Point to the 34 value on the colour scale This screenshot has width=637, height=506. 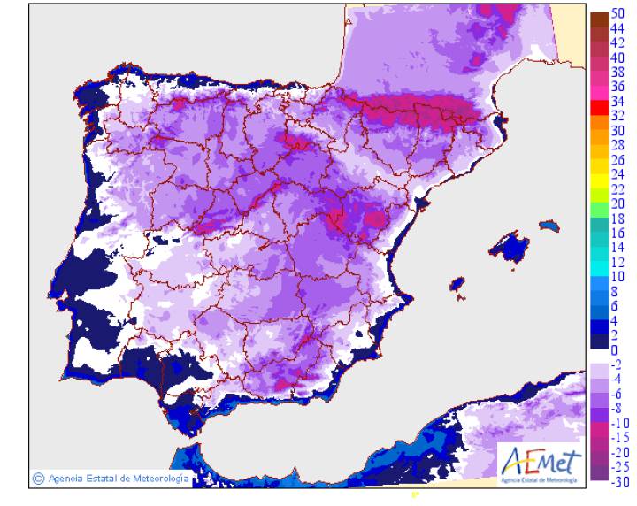tap(618, 101)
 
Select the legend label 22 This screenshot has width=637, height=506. tap(618, 188)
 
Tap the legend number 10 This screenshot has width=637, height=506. tap(618, 276)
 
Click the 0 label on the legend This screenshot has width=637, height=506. tap(614, 349)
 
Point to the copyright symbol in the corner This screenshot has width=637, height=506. tap(38, 479)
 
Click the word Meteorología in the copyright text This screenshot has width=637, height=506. tap(159, 479)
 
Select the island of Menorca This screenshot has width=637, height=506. tap(550, 226)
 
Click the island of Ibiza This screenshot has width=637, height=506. tap(457, 285)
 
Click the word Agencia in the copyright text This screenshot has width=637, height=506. tap(66, 479)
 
